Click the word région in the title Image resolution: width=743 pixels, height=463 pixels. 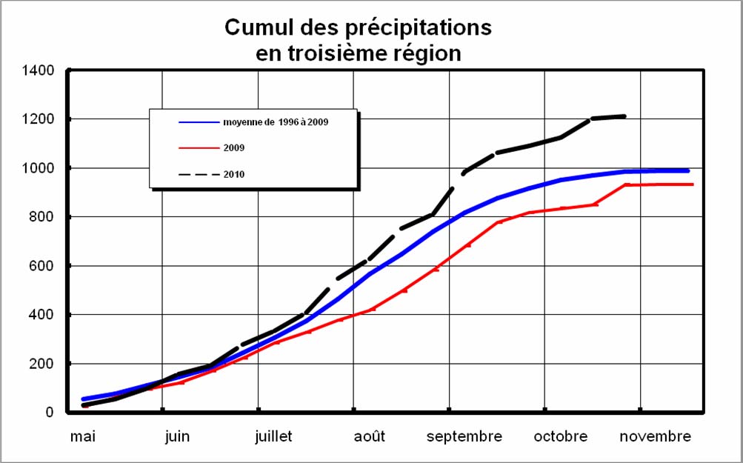point(428,53)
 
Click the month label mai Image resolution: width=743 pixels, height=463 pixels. point(83,436)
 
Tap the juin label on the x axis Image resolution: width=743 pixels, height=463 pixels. point(177,436)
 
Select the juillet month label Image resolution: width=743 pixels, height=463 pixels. point(273,436)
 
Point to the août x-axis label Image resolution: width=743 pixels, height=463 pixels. point(369,436)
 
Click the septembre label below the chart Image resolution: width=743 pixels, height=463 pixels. point(464,436)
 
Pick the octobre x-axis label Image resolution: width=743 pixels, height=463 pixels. point(560,436)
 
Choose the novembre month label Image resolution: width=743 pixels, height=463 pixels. point(656,436)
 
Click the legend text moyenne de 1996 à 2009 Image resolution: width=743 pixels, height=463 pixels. point(275,121)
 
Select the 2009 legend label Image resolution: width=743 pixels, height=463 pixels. point(234,148)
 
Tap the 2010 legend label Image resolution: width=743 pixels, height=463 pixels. point(234,174)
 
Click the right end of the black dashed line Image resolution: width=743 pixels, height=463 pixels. point(625,116)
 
